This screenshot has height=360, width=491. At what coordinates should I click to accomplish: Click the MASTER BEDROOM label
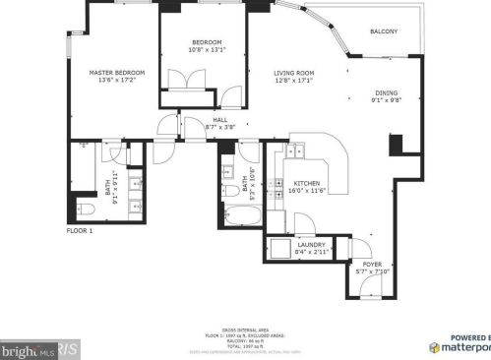(117, 73)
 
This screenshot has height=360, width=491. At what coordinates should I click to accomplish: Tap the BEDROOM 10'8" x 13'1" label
(207, 42)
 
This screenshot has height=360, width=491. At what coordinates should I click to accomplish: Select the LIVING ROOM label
(293, 73)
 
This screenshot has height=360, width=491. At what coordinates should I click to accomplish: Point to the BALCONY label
(384, 31)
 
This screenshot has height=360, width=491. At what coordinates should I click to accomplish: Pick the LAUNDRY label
(312, 245)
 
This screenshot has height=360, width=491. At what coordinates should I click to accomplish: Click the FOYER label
(372, 265)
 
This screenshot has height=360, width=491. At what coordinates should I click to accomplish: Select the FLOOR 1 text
(80, 230)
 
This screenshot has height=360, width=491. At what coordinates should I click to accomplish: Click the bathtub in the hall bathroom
(241, 215)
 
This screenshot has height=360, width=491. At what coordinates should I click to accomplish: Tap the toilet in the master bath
(86, 210)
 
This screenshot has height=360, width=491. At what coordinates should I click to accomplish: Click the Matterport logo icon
(434, 347)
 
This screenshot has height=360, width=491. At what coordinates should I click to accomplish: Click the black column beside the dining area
(397, 144)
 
